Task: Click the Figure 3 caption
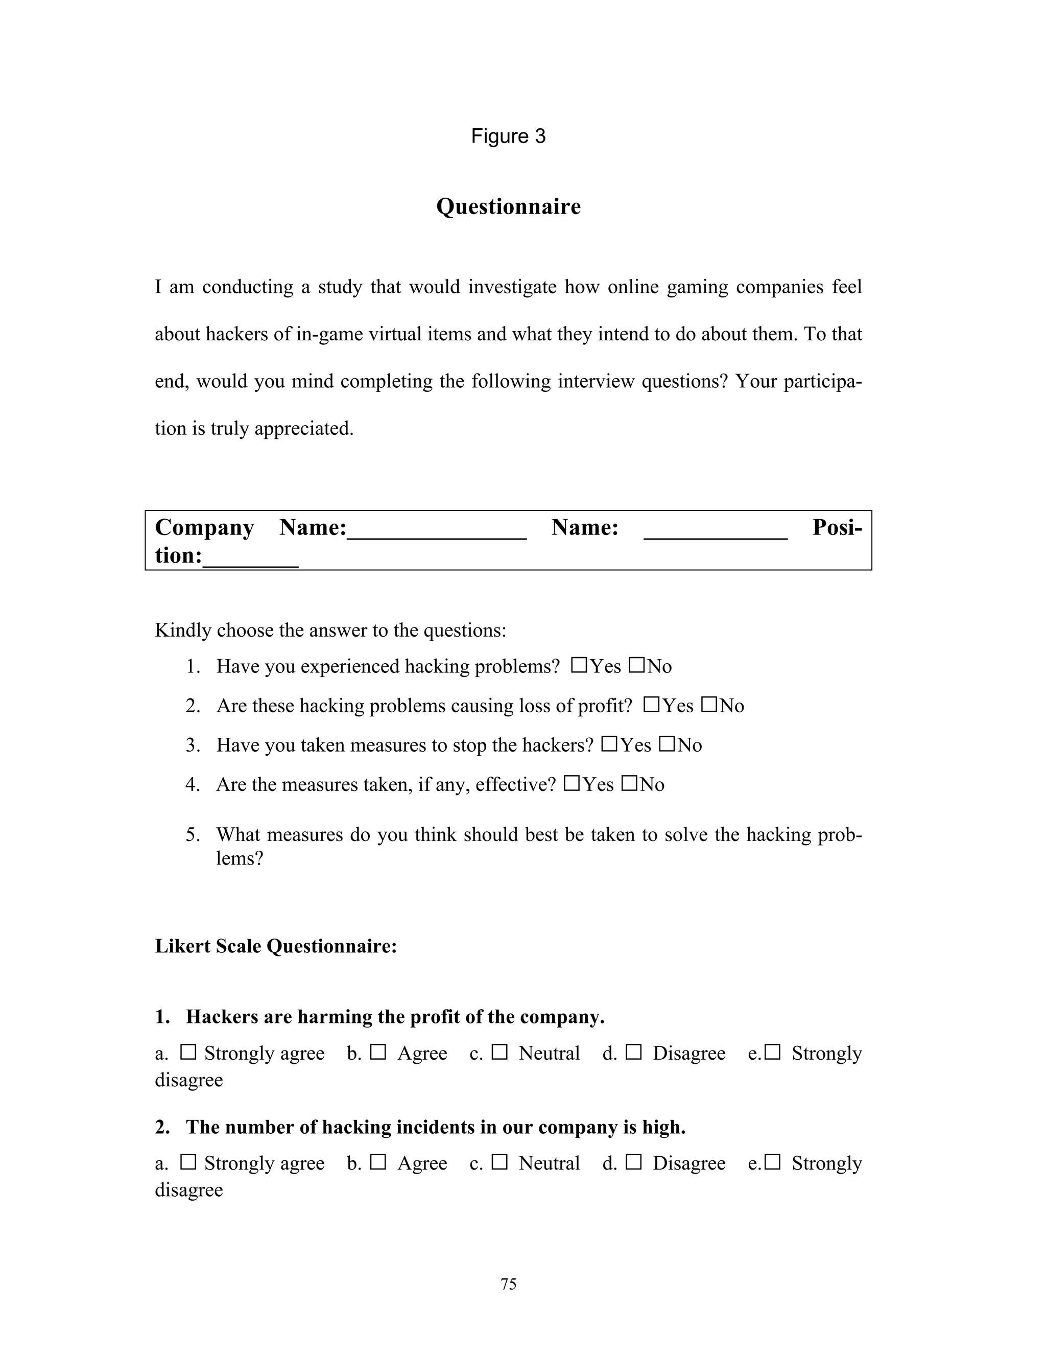tap(508, 136)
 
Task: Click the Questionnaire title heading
tap(508, 206)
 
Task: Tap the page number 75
tap(508, 1284)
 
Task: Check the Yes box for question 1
tap(579, 665)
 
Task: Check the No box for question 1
tap(636, 665)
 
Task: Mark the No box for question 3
tap(667, 744)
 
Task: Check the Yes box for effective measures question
tap(572, 784)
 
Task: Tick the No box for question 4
tap(629, 784)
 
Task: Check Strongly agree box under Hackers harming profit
tap(188, 1052)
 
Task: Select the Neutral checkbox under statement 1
tap(500, 1052)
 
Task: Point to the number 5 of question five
tap(193, 835)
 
